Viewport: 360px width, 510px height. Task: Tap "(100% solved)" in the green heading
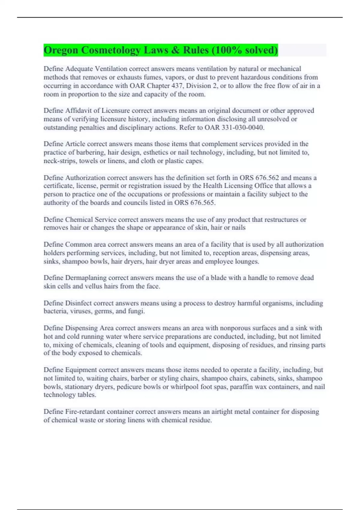pos(244,50)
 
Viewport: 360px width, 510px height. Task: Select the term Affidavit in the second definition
pos(78,111)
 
